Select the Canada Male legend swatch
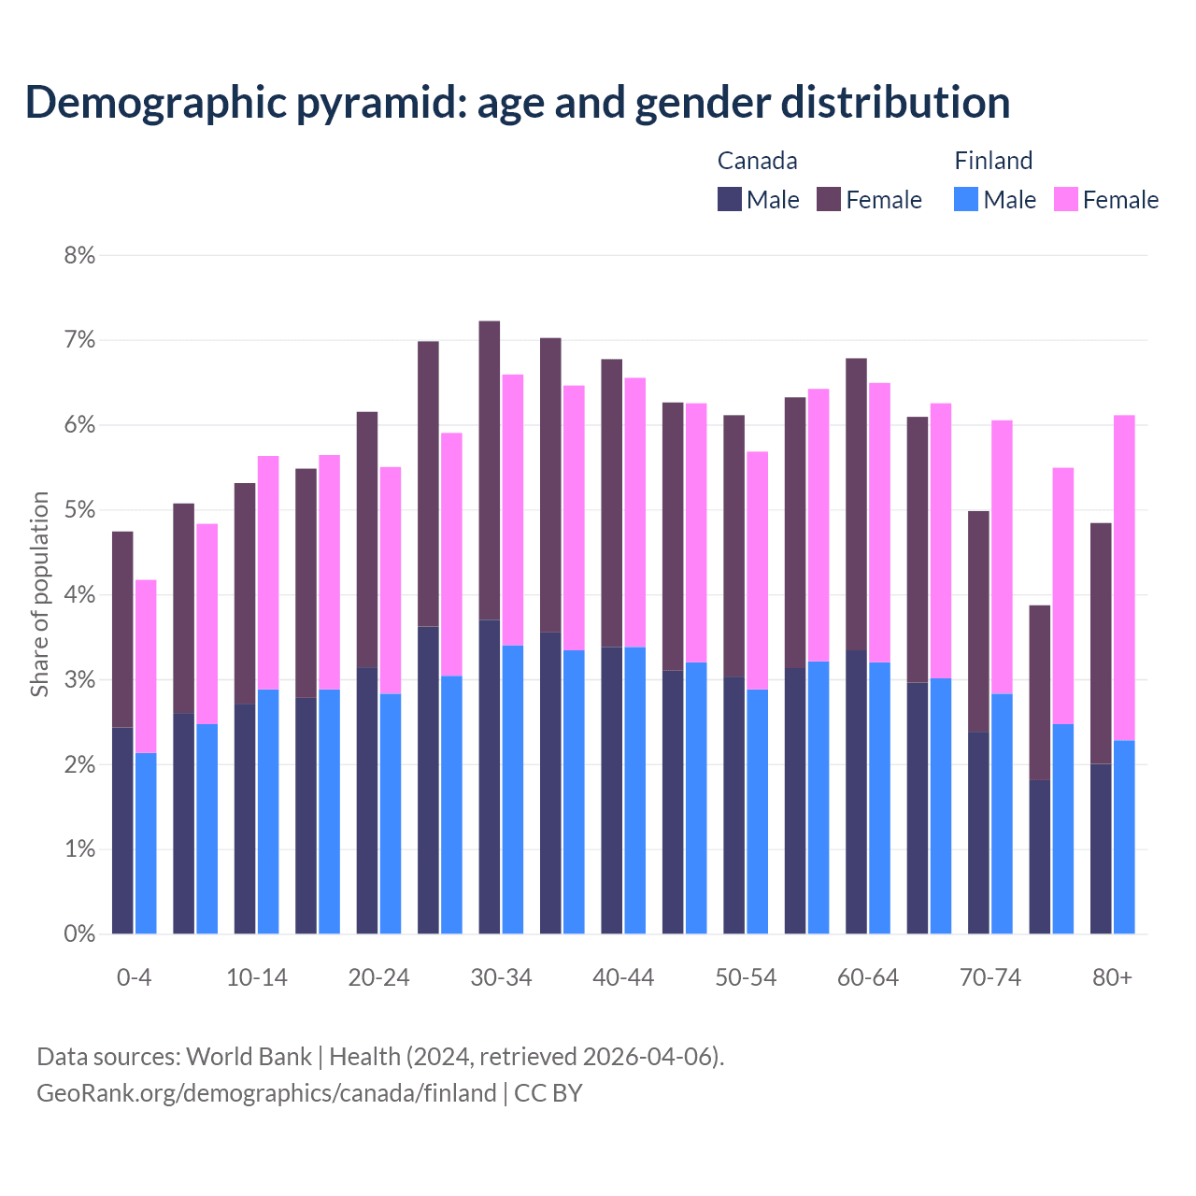pyautogui.click(x=730, y=199)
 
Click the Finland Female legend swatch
pyautogui.click(x=1065, y=199)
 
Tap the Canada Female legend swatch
pyautogui.click(x=829, y=199)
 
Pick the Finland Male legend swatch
pyautogui.click(x=966, y=199)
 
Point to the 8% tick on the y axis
pyautogui.click(x=79, y=255)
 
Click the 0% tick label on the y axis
pyautogui.click(x=79, y=933)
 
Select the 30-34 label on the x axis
pyautogui.click(x=501, y=977)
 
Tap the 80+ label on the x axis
pyautogui.click(x=1112, y=977)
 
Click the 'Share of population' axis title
pyautogui.click(x=40, y=594)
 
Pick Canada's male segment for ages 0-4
pyautogui.click(x=122, y=830)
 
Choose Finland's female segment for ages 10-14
pyautogui.click(x=268, y=573)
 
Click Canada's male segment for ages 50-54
pyautogui.click(x=733, y=804)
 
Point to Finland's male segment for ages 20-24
pyautogui.click(x=391, y=813)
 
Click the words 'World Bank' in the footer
pyautogui.click(x=249, y=1057)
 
